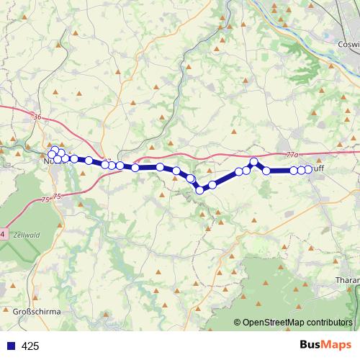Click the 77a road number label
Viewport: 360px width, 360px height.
pos(291,154)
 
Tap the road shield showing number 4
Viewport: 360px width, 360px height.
pos(2,234)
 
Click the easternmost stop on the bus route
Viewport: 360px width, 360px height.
pos(308,169)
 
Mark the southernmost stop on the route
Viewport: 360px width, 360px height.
pos(200,190)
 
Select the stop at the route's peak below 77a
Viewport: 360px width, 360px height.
pos(253,161)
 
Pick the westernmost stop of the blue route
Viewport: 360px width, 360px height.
pos(51,154)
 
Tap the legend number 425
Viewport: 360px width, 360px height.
pos(30,346)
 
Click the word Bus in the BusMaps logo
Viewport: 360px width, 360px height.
pos(311,345)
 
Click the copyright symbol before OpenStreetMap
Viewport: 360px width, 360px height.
pos(238,323)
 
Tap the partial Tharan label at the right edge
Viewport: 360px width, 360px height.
pos(348,279)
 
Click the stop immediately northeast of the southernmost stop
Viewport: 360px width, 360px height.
pos(212,185)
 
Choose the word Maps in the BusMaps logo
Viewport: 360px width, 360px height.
pos(338,345)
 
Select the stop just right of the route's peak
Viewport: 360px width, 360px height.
pos(266,171)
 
